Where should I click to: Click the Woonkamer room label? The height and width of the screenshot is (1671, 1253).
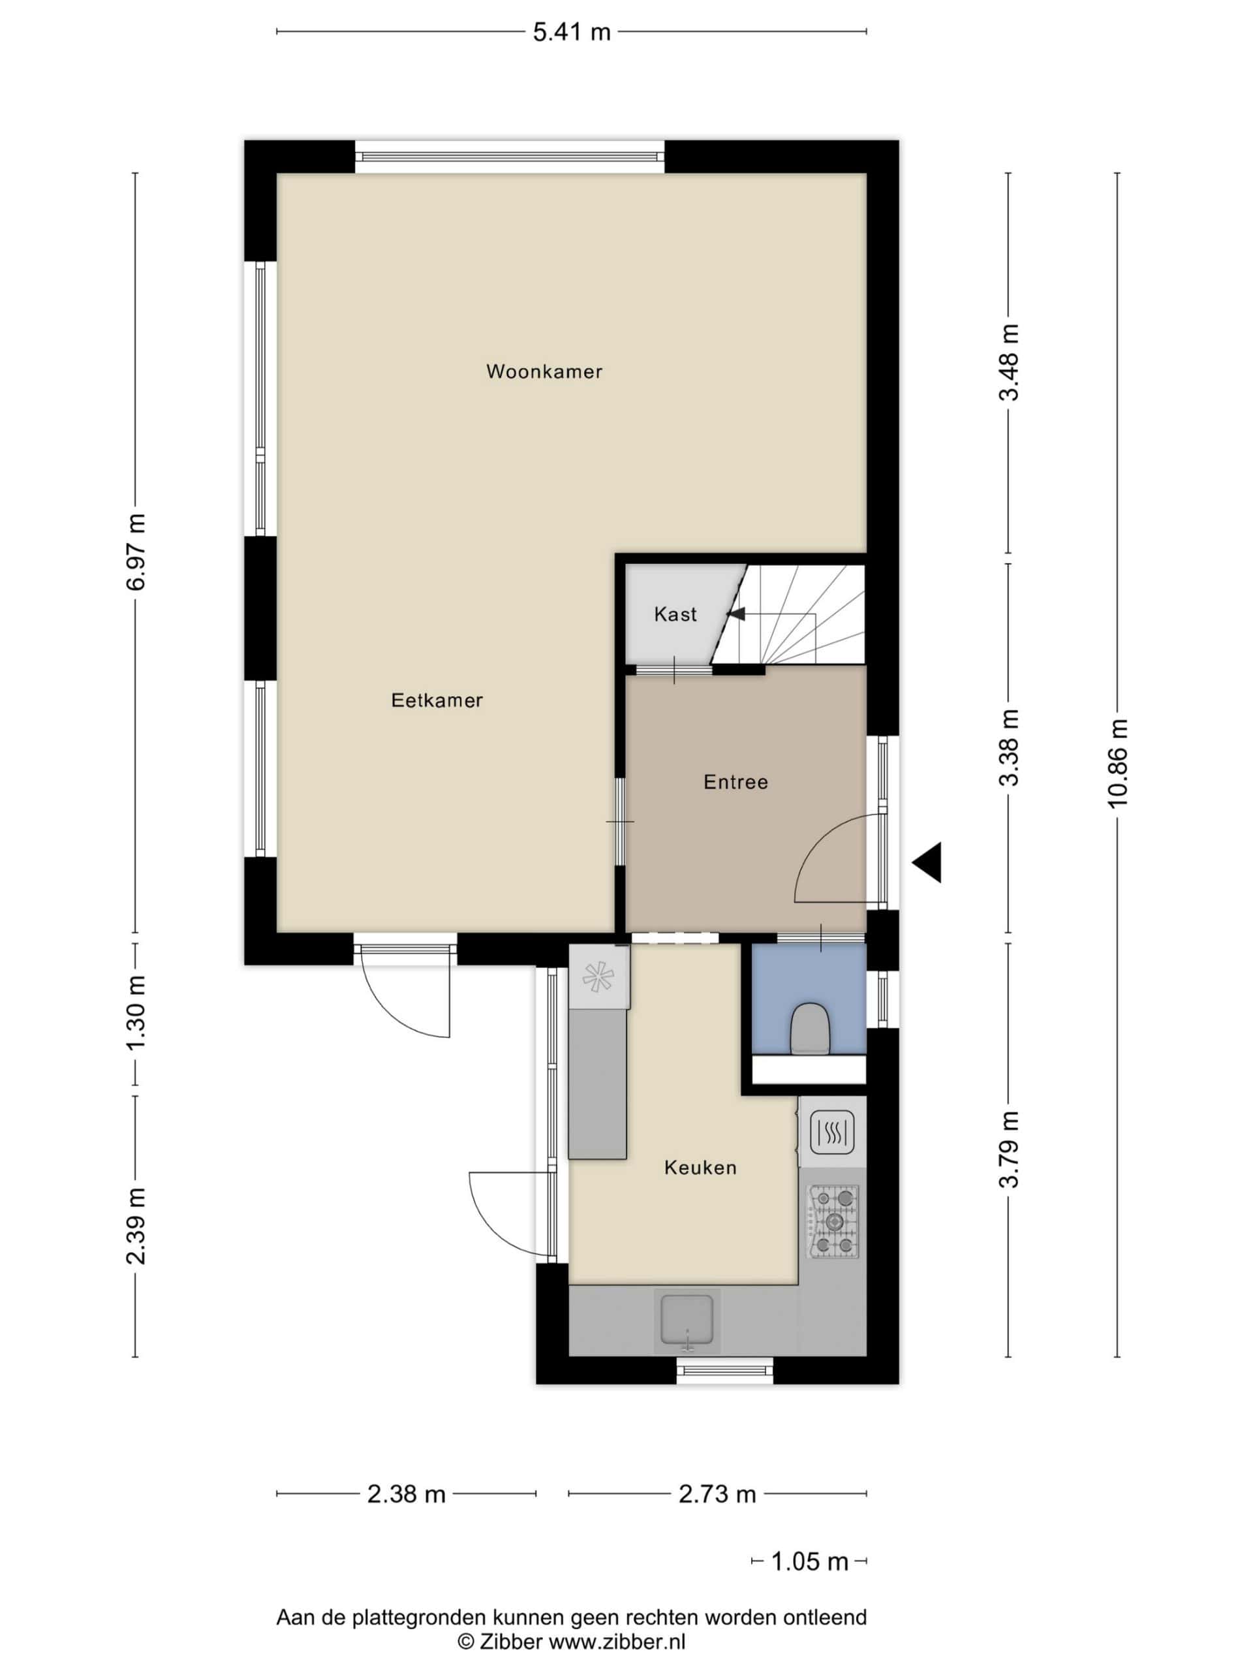click(544, 371)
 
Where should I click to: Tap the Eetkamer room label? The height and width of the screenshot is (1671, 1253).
click(437, 700)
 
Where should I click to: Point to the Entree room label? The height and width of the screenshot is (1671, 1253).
click(735, 781)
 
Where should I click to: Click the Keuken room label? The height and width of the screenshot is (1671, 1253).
click(700, 1167)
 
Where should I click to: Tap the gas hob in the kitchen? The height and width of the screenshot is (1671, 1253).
click(834, 1221)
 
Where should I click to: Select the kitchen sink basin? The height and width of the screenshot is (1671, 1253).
click(687, 1320)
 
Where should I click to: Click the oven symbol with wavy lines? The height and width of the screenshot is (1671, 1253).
click(832, 1132)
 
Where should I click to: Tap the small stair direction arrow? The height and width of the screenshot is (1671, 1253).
click(735, 614)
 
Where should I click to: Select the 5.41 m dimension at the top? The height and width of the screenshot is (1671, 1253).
click(572, 32)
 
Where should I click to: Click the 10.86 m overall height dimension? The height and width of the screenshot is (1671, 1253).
click(1117, 764)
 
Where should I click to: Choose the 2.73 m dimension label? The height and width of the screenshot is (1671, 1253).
click(717, 1493)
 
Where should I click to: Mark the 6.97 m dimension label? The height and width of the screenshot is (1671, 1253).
click(136, 552)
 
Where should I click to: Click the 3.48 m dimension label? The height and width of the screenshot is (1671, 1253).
click(1009, 362)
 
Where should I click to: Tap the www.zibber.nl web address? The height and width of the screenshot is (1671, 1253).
click(617, 1641)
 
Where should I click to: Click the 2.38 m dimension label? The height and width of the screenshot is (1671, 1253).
click(407, 1493)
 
